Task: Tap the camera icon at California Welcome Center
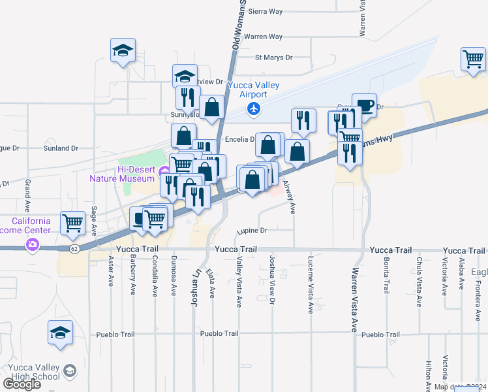coord(31,245)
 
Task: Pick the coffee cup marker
coord(364,106)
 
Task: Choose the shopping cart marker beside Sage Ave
coord(72,223)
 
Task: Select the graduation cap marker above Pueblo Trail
coord(61,333)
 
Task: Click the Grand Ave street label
coord(28,197)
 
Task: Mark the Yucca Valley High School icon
coord(70,372)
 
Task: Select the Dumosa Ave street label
coord(174,277)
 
